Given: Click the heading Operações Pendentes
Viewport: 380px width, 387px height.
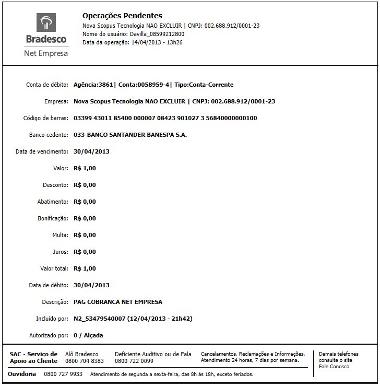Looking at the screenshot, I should tap(122, 16).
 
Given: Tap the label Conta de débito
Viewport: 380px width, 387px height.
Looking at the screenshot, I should tap(47, 85).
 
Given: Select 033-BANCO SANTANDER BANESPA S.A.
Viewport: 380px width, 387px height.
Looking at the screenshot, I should tap(130, 135).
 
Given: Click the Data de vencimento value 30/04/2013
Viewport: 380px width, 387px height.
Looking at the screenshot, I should tap(92, 151).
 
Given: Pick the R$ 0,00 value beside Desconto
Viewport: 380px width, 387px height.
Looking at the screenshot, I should tap(85, 185).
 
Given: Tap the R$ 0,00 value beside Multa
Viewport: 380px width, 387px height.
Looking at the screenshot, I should tap(85, 235).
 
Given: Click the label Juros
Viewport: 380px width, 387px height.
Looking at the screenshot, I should tap(60, 252).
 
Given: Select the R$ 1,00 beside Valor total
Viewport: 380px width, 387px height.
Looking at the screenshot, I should tap(85, 268).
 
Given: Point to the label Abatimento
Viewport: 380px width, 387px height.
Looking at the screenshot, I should tap(53, 202).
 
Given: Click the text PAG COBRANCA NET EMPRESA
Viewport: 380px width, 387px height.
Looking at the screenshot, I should tap(118, 302).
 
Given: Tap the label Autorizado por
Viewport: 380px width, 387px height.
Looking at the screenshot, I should tap(49, 335).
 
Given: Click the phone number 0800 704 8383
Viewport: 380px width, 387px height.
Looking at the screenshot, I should tap(85, 361).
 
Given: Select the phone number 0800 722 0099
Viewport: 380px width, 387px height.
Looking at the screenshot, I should tap(134, 361).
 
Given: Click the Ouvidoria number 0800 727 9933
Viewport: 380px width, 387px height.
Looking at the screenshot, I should tap(63, 374).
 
